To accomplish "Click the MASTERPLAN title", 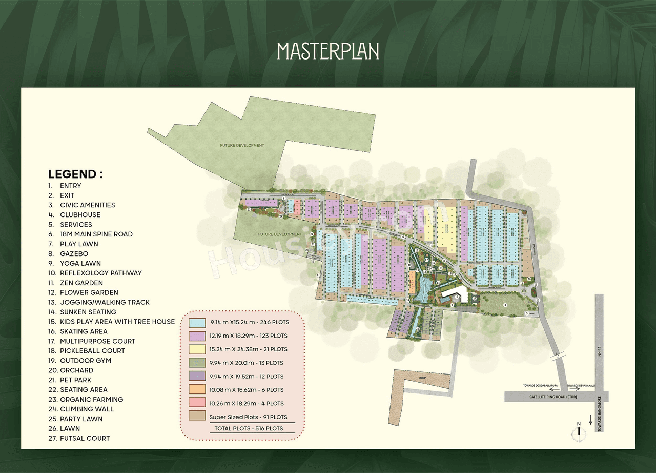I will tap(328, 51).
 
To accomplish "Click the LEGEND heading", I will tap(75, 174).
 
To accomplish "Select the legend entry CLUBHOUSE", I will tap(80, 215).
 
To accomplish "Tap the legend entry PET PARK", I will tap(75, 380).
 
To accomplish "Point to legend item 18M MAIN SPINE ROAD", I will tap(96, 234).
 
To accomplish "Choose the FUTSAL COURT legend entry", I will tap(85, 438).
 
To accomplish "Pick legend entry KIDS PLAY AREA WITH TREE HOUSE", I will tap(117, 322).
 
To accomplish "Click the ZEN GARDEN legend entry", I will tap(81, 283).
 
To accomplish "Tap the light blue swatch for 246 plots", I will tap(197, 323).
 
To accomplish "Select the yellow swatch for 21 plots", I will tap(197, 349).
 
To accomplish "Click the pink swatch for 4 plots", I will tap(197, 403).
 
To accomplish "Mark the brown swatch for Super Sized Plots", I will tap(197, 417).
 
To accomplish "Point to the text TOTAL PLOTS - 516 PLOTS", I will tap(249, 428).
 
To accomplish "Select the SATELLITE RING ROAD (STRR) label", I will tap(544, 397).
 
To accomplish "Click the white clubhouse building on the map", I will tap(455, 294).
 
